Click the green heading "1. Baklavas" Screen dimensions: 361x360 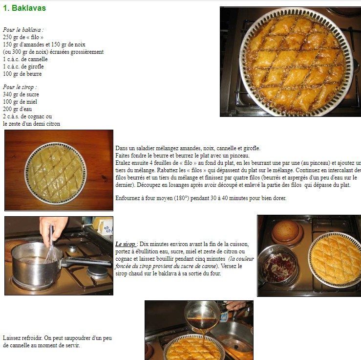click(x=24, y=8)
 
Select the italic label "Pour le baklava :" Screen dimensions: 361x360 click(x=23, y=30)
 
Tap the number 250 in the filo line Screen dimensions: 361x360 click(x=7, y=37)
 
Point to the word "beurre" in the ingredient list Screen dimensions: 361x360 click(x=34, y=74)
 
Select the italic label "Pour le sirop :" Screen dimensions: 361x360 click(x=20, y=87)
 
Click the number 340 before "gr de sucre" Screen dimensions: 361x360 click(x=7, y=94)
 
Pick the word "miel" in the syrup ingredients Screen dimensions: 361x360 click(x=32, y=102)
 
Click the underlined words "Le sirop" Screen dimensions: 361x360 click(x=125, y=244)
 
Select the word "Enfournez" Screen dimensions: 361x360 click(x=127, y=198)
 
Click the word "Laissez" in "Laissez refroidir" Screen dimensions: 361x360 click(x=11, y=338)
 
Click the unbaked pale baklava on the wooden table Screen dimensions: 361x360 click(x=56, y=173)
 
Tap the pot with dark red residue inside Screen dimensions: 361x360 click(x=278, y=266)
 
